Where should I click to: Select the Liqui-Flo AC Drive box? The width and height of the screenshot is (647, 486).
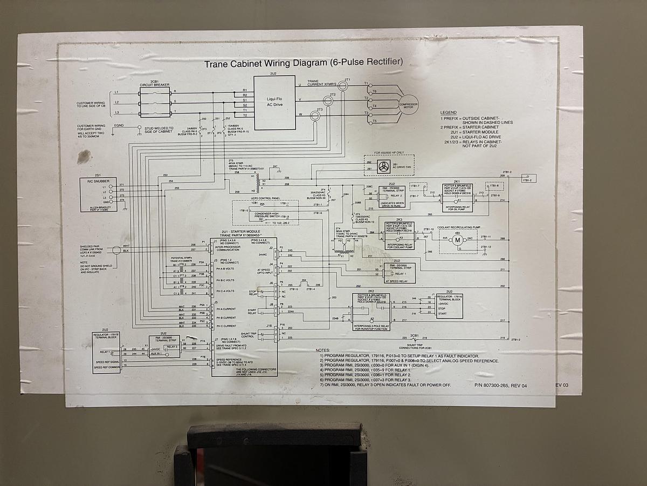pyautogui.click(x=274, y=102)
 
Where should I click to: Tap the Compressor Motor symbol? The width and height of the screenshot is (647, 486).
pyautogui.click(x=408, y=105)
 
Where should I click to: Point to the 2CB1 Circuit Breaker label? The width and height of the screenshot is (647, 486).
pyautogui.click(x=154, y=83)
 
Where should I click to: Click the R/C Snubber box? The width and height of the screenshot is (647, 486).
pyautogui.click(x=98, y=195)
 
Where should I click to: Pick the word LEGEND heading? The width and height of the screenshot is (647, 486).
pyautogui.click(x=449, y=113)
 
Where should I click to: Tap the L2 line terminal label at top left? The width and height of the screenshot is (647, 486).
pyautogui.click(x=116, y=102)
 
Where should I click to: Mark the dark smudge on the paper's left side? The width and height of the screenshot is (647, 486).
pyautogui.click(x=84, y=157)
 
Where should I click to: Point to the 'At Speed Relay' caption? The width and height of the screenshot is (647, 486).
pyautogui.click(x=397, y=281)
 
